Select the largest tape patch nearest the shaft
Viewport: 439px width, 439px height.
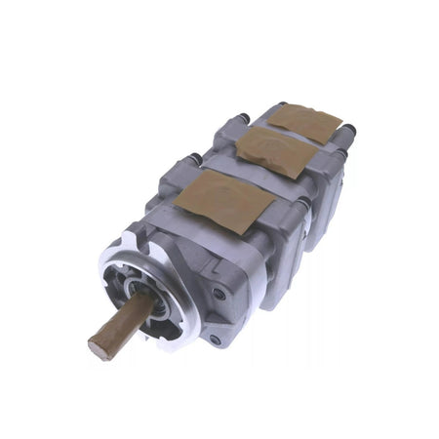click(223, 199)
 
